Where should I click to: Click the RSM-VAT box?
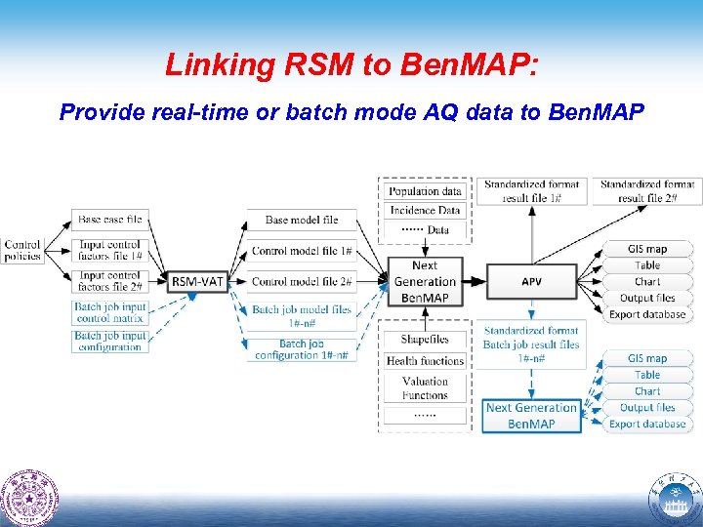[x=198, y=282]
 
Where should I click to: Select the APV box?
[x=531, y=282]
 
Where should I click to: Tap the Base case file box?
[x=109, y=221]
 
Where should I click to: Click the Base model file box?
[x=302, y=221]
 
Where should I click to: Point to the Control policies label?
[x=21, y=250]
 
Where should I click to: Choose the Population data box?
[x=425, y=191]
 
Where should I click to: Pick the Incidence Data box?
[x=425, y=210]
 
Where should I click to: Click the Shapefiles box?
[x=425, y=340]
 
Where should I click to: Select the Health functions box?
[x=425, y=360]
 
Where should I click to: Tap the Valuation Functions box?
[x=425, y=387]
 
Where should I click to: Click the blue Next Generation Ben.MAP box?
[x=531, y=416]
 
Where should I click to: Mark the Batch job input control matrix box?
[x=109, y=312]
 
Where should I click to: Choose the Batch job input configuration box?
[x=109, y=342]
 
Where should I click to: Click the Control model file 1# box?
[x=302, y=251]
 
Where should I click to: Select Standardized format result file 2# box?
[x=646, y=191]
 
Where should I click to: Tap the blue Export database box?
[x=647, y=424]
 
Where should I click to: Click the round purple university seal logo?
[x=30, y=498]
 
